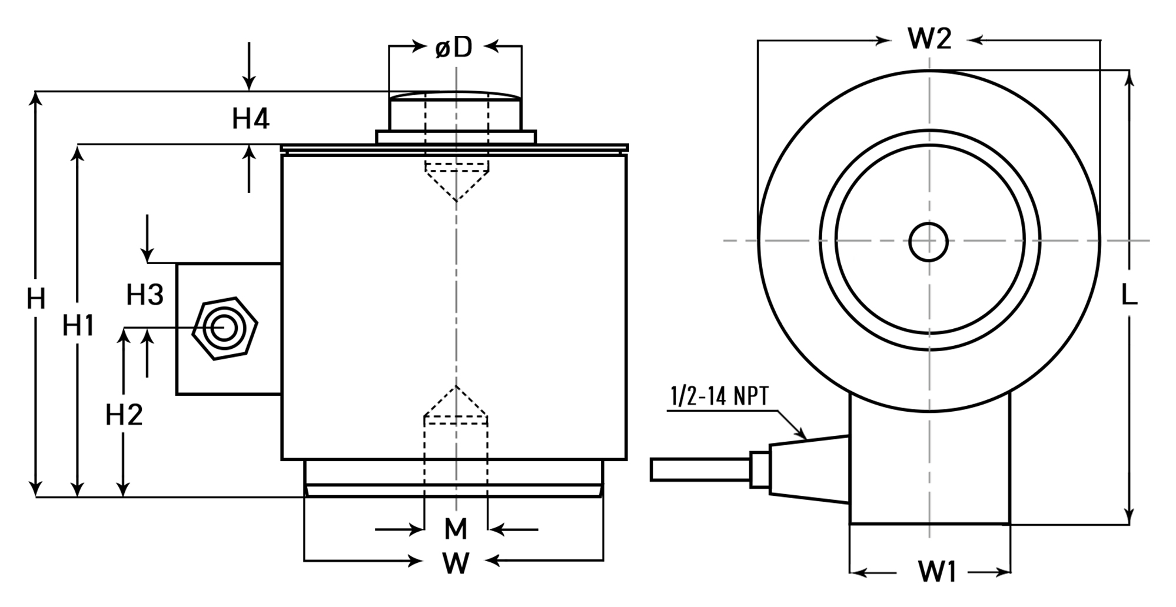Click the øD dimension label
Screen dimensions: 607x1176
coord(454,47)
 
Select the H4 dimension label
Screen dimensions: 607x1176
coord(251,119)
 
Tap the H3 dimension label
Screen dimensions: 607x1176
coord(145,294)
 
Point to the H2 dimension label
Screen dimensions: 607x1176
coord(124,415)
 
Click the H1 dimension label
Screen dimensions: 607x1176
coord(78,325)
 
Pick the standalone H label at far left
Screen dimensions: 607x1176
coord(36,299)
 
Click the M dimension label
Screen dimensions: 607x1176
coord(456,529)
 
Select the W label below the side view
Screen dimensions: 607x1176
coord(456,563)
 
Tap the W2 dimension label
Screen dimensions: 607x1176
coord(929,39)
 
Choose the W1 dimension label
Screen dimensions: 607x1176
coord(936,572)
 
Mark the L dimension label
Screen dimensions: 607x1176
coord(1128,296)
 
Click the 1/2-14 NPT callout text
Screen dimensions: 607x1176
coord(719,397)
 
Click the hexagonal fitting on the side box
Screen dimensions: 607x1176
coord(224,329)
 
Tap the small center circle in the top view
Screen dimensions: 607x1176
coord(928,242)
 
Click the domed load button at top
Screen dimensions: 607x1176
coord(455,110)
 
